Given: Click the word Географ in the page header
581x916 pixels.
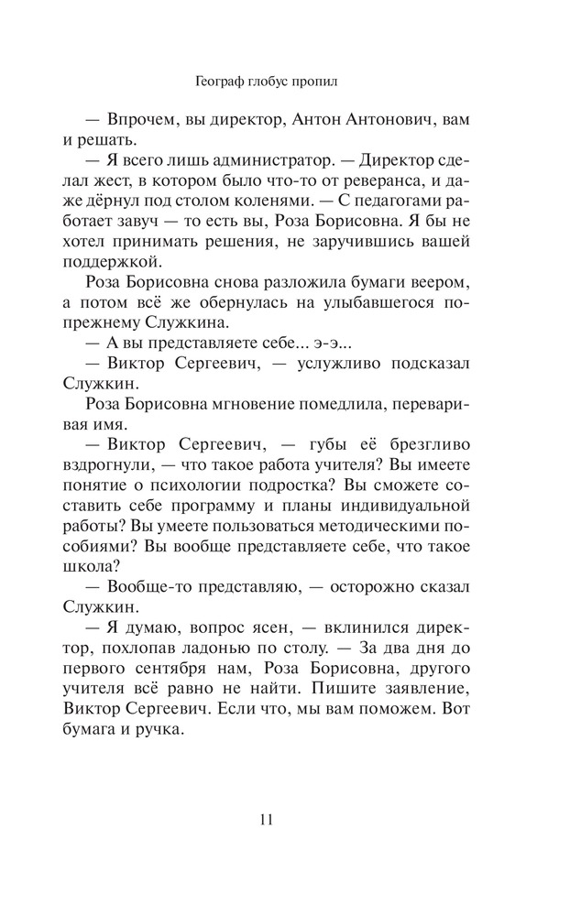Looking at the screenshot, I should [x=222, y=81].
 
